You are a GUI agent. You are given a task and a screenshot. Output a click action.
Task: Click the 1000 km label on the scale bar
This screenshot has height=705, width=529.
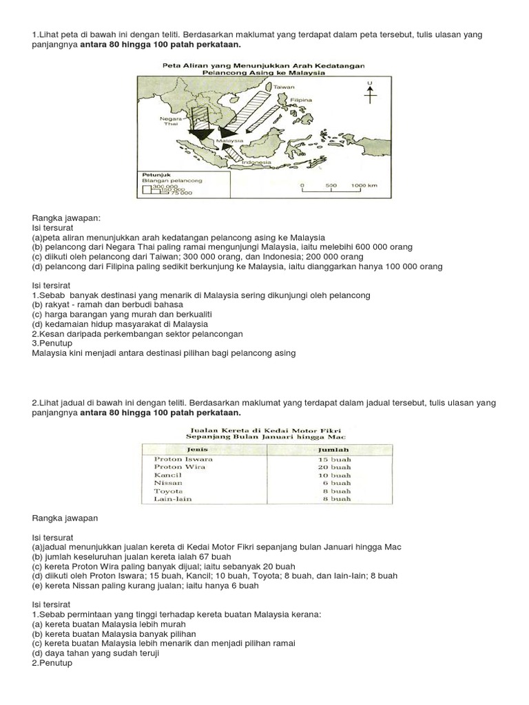click(x=364, y=185)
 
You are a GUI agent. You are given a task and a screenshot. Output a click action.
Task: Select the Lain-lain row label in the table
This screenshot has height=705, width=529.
click(x=172, y=499)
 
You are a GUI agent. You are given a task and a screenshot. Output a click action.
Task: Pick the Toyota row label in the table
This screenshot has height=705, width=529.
click(x=169, y=491)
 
